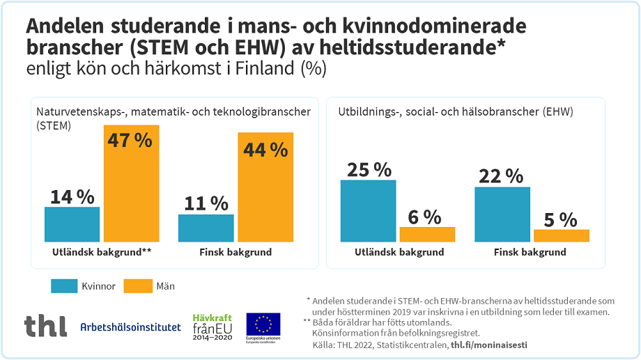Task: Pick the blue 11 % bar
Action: (x=206, y=228)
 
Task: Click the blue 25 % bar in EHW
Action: (x=368, y=210)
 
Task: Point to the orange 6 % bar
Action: (x=426, y=234)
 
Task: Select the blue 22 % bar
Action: (x=502, y=214)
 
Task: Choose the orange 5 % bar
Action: (x=561, y=235)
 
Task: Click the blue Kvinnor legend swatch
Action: (x=64, y=285)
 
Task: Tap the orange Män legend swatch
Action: (x=137, y=285)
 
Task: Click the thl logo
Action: (x=45, y=325)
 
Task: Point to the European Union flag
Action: (x=263, y=324)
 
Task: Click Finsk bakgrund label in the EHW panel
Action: (x=530, y=252)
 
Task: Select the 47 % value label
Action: (x=130, y=140)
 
